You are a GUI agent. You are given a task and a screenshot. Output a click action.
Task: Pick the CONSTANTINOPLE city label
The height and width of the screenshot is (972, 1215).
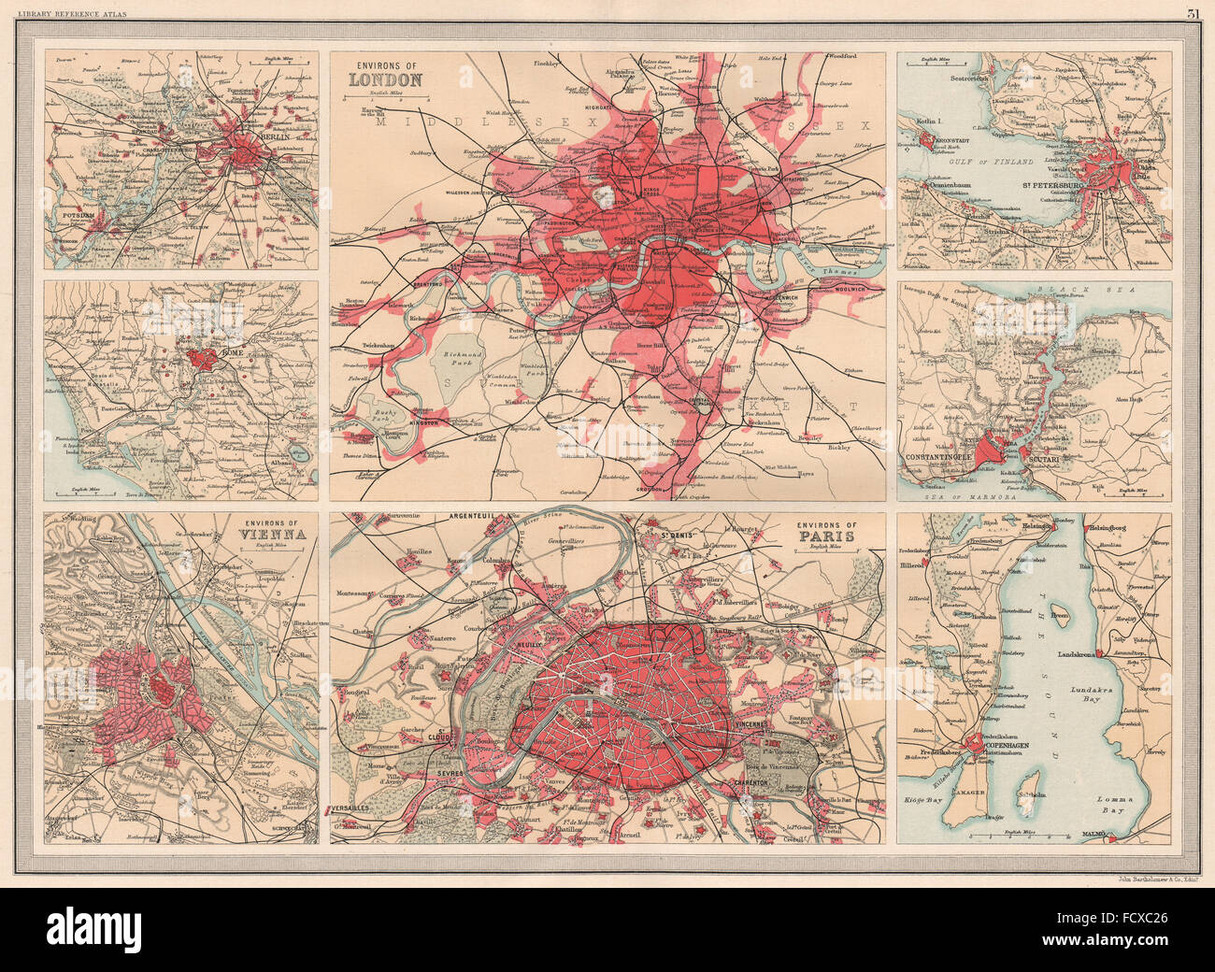click(948, 456)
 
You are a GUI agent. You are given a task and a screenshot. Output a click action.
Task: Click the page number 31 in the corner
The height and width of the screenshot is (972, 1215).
click(1194, 13)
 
